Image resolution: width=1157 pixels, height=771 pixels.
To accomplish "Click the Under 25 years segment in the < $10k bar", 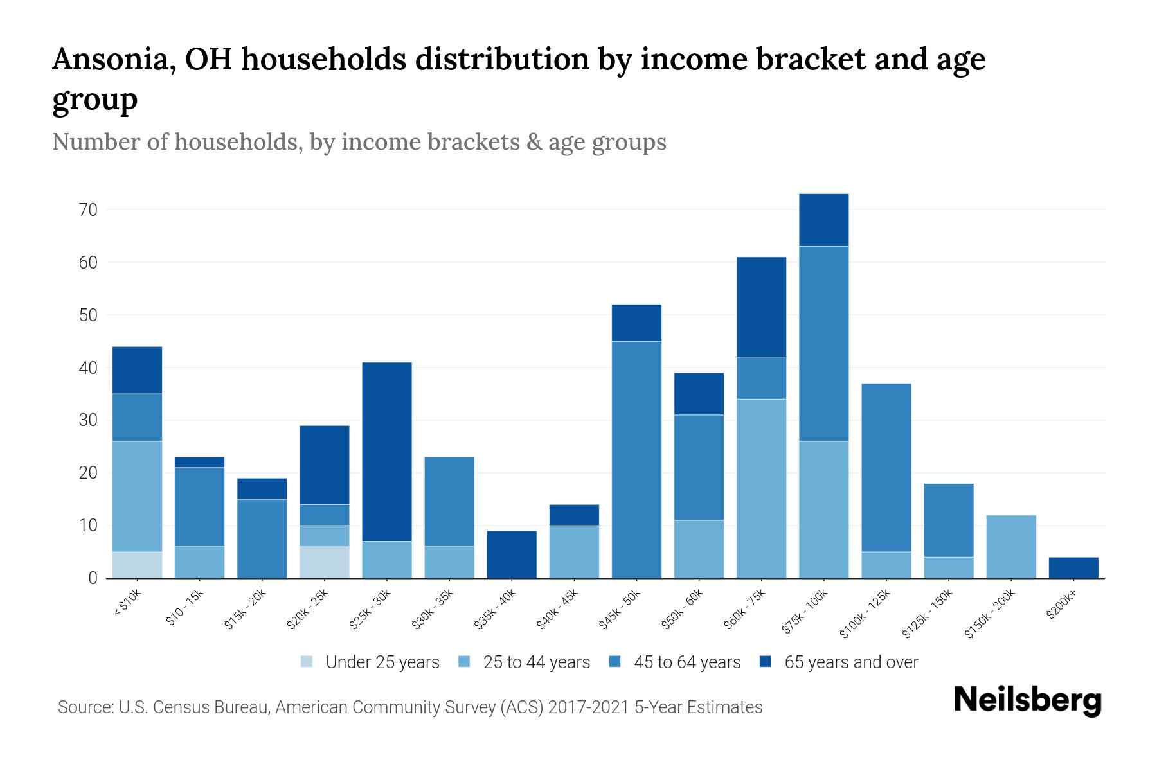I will tap(137, 565).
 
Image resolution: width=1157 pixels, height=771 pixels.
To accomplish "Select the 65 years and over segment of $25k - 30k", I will tap(387, 452).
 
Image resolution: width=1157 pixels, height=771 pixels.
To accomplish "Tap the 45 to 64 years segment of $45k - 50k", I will tap(636, 459).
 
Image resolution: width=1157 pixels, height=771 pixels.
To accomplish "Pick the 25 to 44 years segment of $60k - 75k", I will tap(761, 488).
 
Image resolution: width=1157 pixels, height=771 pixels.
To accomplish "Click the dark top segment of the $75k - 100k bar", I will tap(823, 220).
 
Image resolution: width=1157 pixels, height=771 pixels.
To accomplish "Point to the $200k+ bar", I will tap(1073, 567).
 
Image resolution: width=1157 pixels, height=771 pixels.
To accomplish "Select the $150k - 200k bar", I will tap(1011, 546).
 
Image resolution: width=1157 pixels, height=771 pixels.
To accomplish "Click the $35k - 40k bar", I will tap(512, 554).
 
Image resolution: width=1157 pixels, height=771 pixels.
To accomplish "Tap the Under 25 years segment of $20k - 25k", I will tap(324, 562).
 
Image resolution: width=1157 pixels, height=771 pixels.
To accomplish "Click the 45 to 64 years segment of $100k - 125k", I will tap(886, 467).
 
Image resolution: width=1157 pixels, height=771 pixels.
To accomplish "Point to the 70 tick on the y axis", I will tap(89, 210).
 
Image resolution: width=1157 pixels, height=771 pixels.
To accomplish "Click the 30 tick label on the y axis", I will tap(89, 420).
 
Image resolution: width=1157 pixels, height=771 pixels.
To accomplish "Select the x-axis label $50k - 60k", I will tap(683, 609).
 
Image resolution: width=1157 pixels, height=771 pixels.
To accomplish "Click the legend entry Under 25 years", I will tap(382, 662).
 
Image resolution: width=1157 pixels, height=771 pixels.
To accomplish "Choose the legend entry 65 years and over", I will tap(850, 662).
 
